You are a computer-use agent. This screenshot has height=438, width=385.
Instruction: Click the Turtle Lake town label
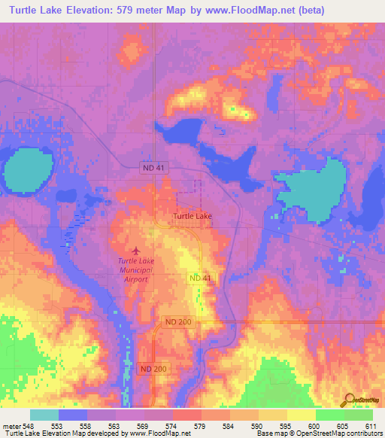click(x=192, y=216)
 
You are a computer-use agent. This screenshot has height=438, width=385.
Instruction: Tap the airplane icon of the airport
click(x=136, y=250)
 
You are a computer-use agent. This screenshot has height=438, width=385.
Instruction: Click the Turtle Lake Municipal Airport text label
click(x=136, y=269)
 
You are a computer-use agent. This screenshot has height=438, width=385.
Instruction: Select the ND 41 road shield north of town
click(x=152, y=169)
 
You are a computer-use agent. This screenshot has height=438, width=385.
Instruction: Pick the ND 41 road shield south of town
click(x=199, y=278)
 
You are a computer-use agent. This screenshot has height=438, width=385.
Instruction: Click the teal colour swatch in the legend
click(x=44, y=415)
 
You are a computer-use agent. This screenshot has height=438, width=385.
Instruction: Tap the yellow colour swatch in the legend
click(x=301, y=415)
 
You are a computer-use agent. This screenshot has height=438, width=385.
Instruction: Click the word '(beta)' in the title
click(x=362, y=11)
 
